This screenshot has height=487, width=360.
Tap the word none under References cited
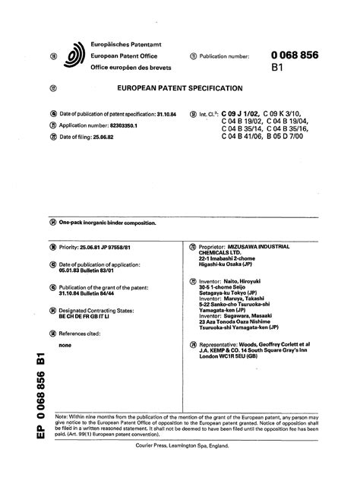point(65,344)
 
